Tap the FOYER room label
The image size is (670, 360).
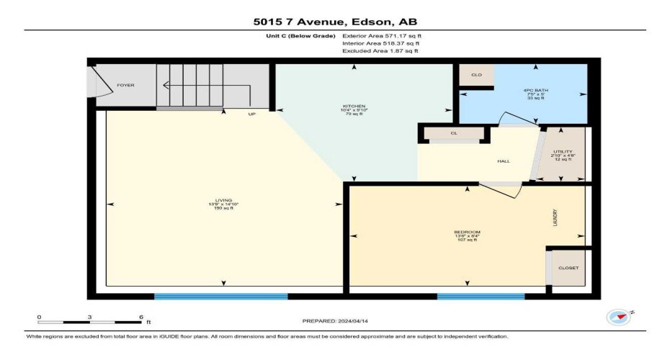pyautogui.click(x=125, y=85)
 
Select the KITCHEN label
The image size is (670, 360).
pyautogui.click(x=349, y=107)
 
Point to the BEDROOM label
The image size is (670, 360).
pyautogui.click(x=466, y=232)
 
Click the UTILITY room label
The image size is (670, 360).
pyautogui.click(x=562, y=151)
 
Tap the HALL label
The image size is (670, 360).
pyautogui.click(x=504, y=161)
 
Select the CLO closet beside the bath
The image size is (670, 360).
pyautogui.click(x=476, y=75)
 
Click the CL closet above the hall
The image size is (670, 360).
pyautogui.click(x=454, y=133)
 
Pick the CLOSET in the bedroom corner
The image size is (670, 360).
pyautogui.click(x=568, y=268)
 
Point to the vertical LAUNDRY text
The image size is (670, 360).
pyautogui.click(x=554, y=219)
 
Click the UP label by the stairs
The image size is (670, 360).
pyautogui.click(x=251, y=114)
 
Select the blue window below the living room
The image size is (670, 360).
pyautogui.click(x=221, y=296)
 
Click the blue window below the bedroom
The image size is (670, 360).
pyautogui.click(x=470, y=296)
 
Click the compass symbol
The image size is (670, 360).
pyautogui.click(x=617, y=316)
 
